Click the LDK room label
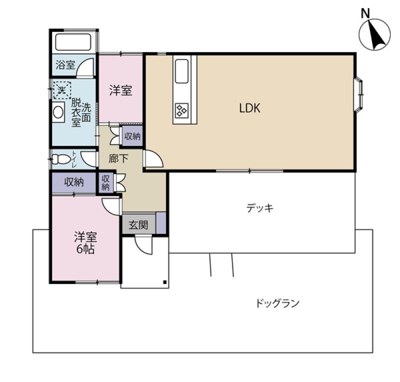(x=250, y=108)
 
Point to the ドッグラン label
(x=277, y=303)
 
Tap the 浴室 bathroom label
(x=65, y=65)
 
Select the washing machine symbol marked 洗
(x=61, y=90)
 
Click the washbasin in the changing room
(x=58, y=112)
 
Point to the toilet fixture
(x=62, y=159)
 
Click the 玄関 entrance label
(x=138, y=225)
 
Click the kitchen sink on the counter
(x=181, y=72)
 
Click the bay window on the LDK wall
(x=360, y=94)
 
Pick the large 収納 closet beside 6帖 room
(x=73, y=182)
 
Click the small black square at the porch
(x=164, y=282)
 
